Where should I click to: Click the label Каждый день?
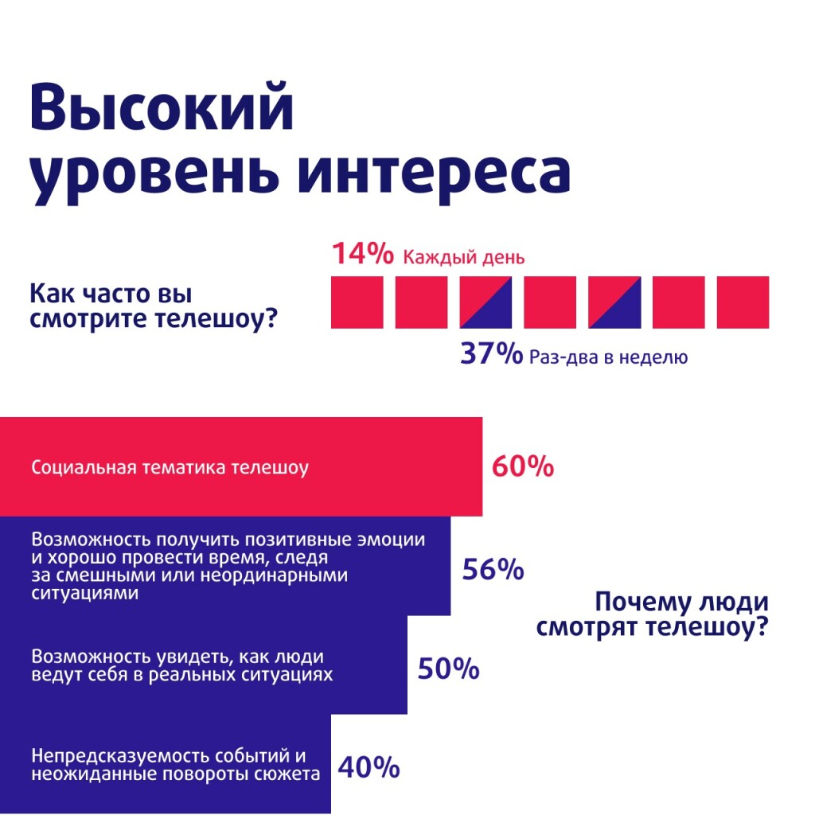coord(463,257)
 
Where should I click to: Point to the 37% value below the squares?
coord(491,353)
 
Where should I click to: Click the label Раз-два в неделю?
coord(607,357)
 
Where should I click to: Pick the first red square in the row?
coord(357,302)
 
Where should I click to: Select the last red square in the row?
coord(743,302)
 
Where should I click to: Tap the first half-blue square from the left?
coord(485,302)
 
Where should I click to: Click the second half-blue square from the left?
coord(614,302)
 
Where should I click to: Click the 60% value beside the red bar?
coord(522,467)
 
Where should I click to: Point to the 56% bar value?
coord(493,570)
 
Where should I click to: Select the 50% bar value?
coord(448,669)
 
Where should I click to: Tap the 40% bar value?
coord(369,767)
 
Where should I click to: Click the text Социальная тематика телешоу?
coord(170,467)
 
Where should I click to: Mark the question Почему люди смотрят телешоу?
coord(652,614)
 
